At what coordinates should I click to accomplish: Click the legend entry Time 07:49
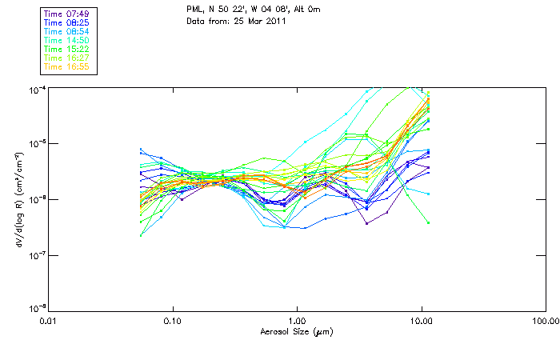tap(68, 14)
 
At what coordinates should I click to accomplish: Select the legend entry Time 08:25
tap(68, 22)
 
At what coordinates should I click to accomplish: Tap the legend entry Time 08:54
tap(68, 31)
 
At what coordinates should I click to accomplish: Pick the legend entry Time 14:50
tap(68, 40)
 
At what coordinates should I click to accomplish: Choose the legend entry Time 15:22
tap(68, 49)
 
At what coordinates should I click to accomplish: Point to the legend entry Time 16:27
tap(68, 58)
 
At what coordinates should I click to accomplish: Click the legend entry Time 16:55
tap(68, 66)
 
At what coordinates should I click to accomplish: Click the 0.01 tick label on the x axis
tap(48, 322)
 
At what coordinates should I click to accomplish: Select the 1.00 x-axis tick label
tap(297, 322)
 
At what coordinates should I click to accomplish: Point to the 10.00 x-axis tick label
tap(421, 322)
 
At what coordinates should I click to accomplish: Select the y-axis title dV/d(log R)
tap(18, 198)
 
